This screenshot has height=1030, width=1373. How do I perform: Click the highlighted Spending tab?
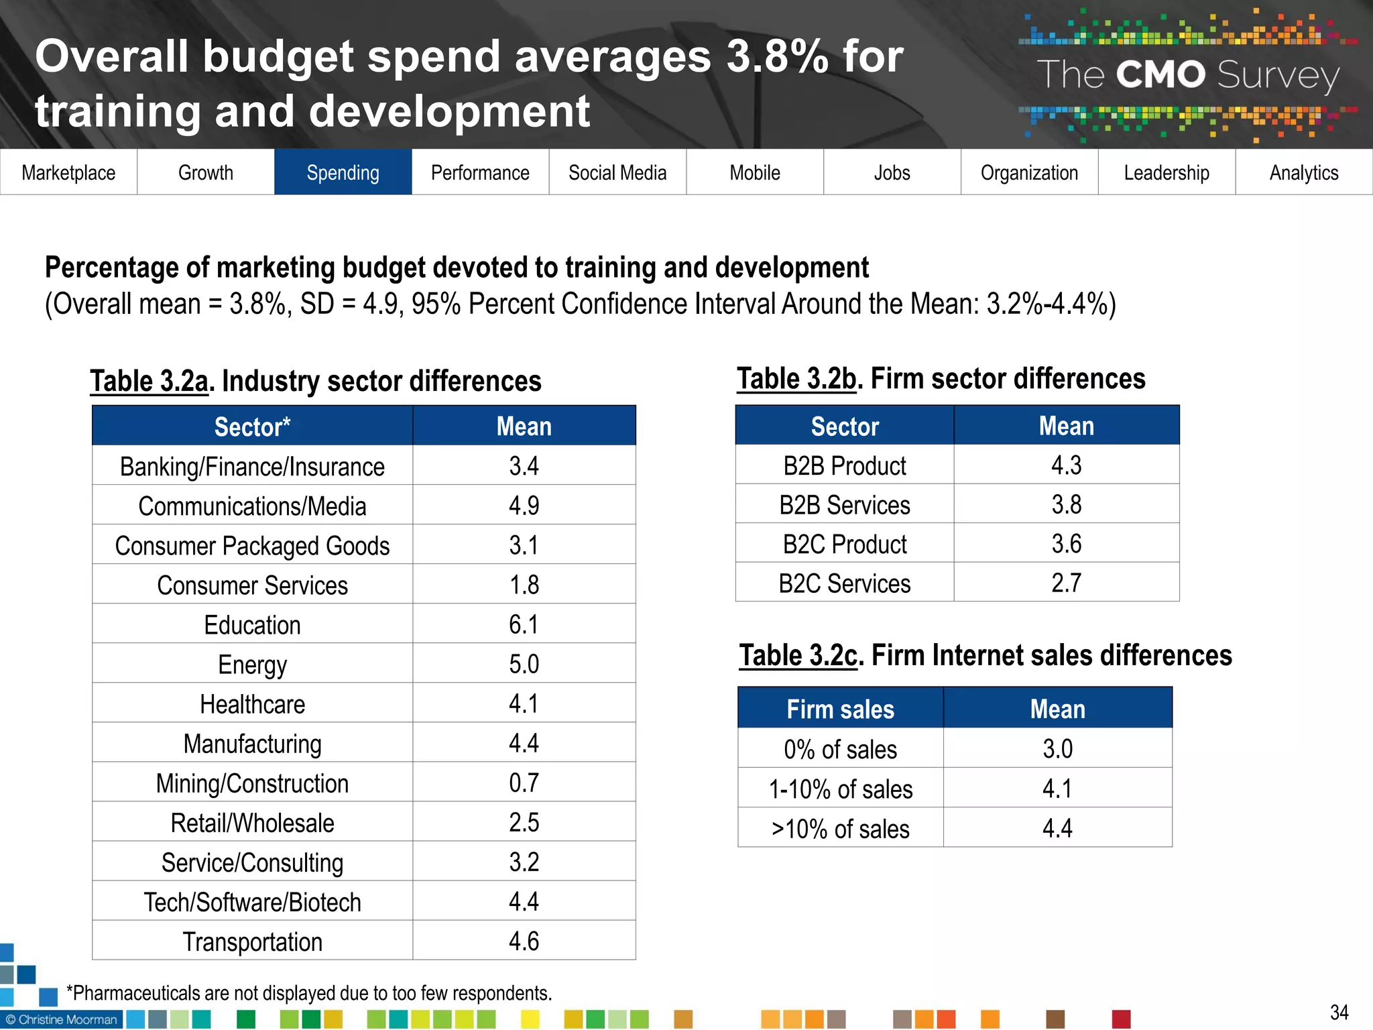click(343, 172)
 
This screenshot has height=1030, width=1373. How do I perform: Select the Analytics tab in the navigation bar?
click(1303, 172)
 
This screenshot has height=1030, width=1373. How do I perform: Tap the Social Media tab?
click(617, 172)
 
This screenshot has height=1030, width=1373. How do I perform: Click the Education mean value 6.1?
click(524, 624)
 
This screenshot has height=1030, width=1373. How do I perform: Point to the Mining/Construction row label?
click(252, 783)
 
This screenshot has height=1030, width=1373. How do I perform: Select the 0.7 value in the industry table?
click(524, 783)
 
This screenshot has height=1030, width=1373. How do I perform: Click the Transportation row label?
click(252, 941)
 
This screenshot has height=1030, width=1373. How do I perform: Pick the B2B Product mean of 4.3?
click(1066, 465)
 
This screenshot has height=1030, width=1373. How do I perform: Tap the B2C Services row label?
click(844, 583)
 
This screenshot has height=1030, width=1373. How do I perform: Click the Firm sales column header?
click(840, 709)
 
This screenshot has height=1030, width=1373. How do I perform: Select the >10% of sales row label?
click(840, 829)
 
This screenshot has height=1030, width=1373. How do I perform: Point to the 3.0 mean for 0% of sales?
click(1057, 748)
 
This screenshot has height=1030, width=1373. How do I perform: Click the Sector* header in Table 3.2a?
click(252, 426)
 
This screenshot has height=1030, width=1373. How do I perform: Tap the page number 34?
click(1339, 1012)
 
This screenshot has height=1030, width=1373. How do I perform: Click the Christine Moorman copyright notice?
click(62, 1019)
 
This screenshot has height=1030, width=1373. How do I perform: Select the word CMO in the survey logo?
click(1160, 74)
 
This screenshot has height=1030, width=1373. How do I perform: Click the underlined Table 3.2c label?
click(798, 655)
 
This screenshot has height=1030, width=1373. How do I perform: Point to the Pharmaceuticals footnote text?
click(309, 992)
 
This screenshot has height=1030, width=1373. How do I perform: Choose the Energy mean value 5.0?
click(524, 664)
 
